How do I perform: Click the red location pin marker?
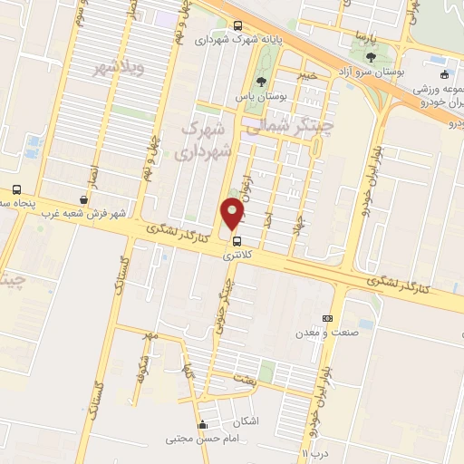(x=233, y=213)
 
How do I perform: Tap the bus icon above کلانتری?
(x=237, y=241)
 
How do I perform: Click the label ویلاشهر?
(x=111, y=69)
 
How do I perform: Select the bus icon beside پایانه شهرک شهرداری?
(x=237, y=25)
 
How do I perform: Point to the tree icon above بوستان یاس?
(x=262, y=82)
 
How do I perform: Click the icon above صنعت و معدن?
(x=327, y=318)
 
